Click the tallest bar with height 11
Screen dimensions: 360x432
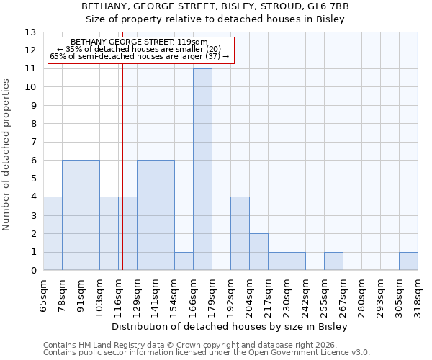click(202, 170)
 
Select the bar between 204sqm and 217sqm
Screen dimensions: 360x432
click(258, 252)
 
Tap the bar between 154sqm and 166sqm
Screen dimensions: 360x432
click(184, 261)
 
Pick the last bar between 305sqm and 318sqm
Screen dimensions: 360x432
click(408, 261)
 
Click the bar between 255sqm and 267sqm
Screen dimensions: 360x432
click(333, 261)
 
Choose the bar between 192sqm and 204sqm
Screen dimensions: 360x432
click(240, 234)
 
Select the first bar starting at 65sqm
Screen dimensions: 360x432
click(53, 234)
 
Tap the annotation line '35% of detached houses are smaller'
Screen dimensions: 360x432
click(140, 49)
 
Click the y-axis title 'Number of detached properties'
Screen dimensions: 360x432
click(6, 155)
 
